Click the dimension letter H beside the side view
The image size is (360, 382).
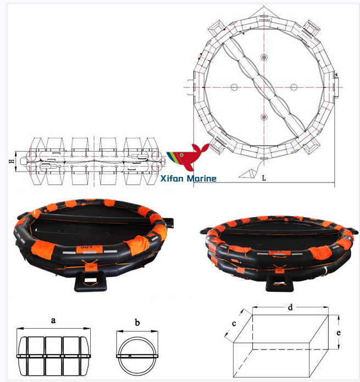pyautogui.click(x=11, y=162)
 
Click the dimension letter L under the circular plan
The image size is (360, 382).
pyautogui.click(x=264, y=179)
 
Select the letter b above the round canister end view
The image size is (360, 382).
pyautogui.click(x=137, y=321)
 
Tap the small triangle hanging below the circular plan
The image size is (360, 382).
pyautogui.click(x=247, y=173)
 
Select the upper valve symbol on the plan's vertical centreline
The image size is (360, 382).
pyautogui.click(x=264, y=58)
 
